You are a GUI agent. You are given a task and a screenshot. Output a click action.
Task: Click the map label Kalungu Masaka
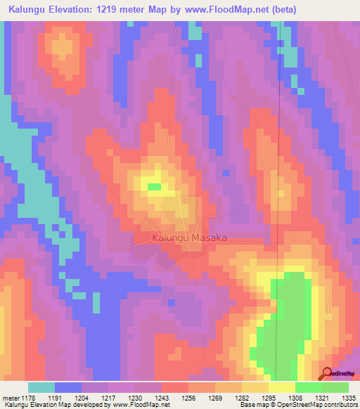click(x=189, y=238)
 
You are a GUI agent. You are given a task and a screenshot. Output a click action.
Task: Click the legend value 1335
click(x=347, y=397)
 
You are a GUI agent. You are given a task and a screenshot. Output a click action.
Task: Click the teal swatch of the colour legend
click(x=41, y=387)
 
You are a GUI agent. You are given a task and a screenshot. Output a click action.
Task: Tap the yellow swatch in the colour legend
click(x=282, y=387)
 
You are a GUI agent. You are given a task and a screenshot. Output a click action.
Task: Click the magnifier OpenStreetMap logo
click(x=328, y=373)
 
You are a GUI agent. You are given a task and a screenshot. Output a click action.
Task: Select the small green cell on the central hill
click(x=153, y=186)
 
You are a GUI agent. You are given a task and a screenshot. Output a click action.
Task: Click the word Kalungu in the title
click(x=28, y=10)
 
